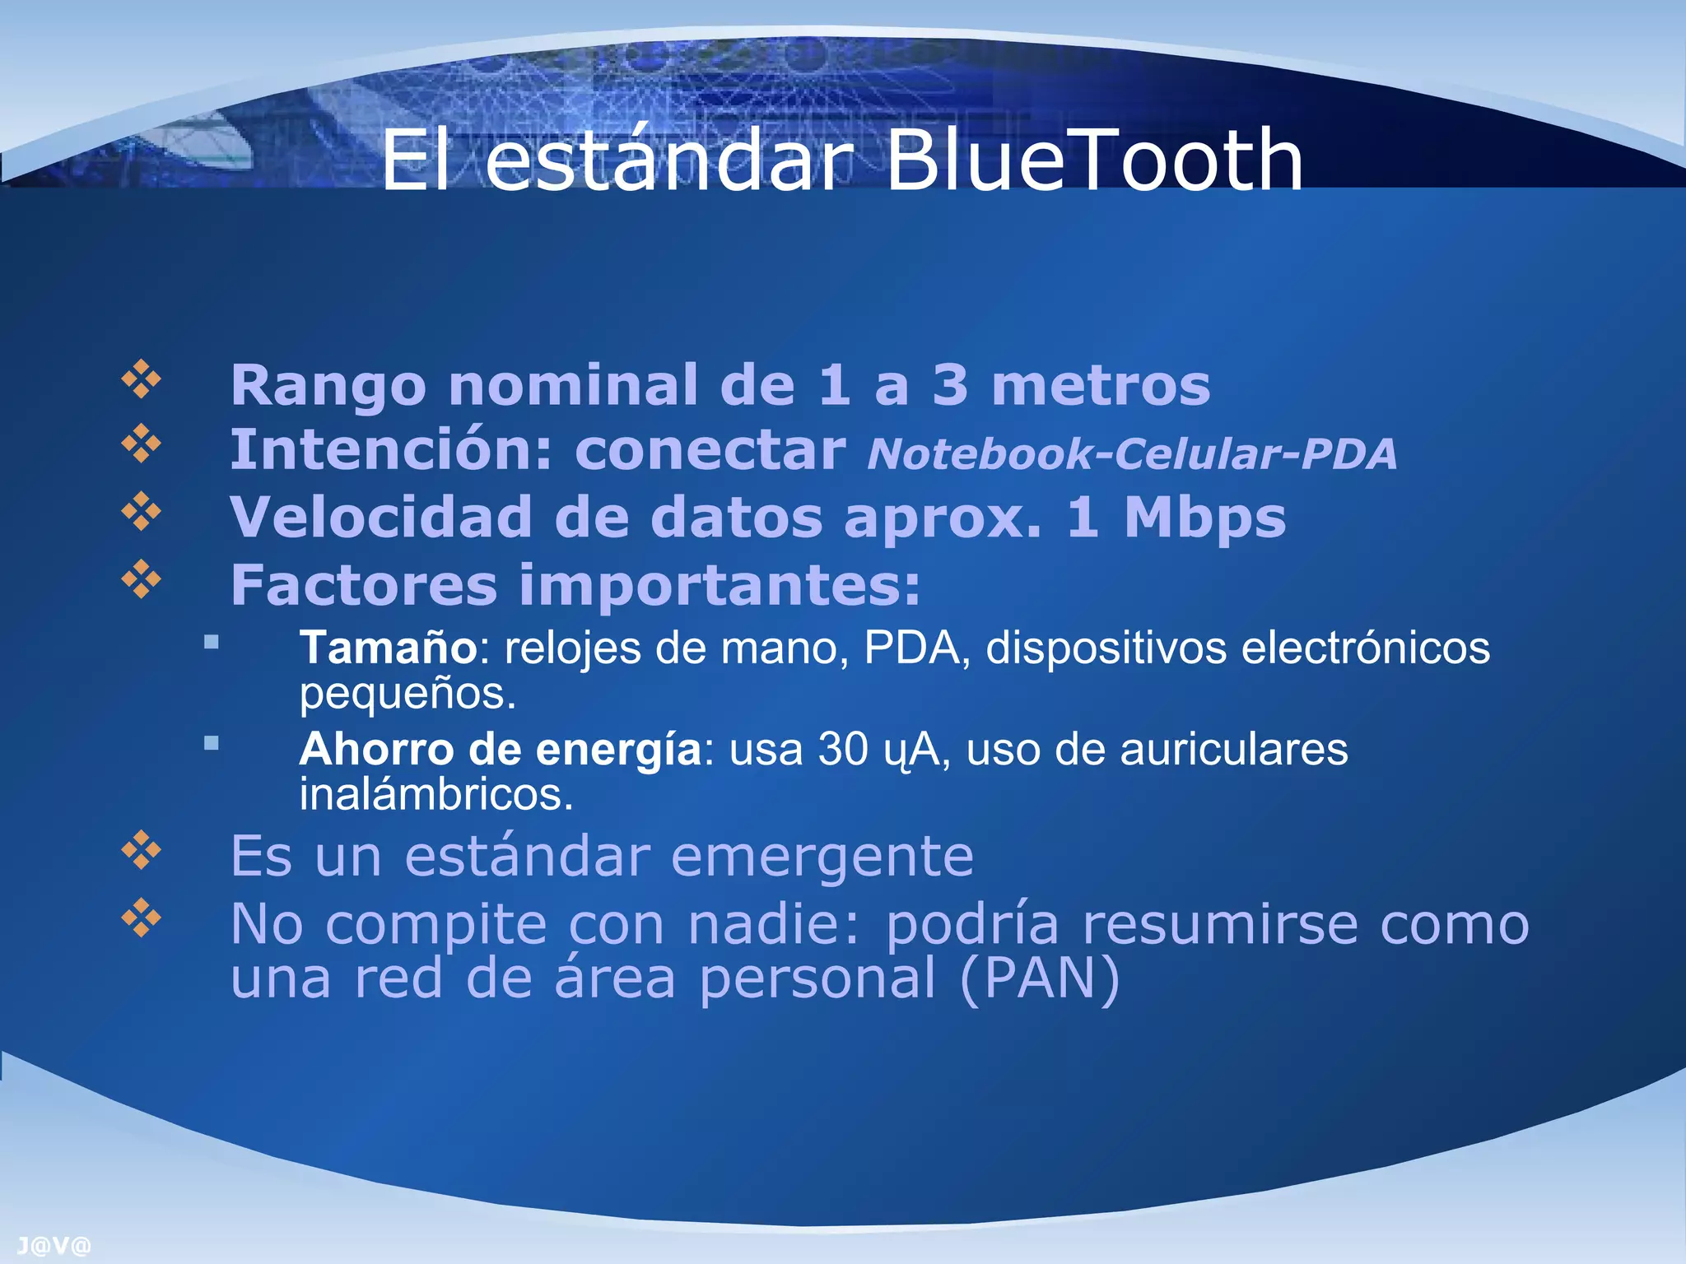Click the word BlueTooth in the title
[x=1093, y=160]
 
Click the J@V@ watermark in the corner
[x=54, y=1246]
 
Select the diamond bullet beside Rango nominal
[x=142, y=379]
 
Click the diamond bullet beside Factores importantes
[x=142, y=579]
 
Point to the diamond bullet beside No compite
[x=142, y=918]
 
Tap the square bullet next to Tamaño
[x=212, y=642]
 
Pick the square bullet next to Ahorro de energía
[x=212, y=743]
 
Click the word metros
[x=1101, y=385]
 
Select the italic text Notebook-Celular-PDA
[x=1132, y=453]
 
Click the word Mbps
[x=1204, y=518]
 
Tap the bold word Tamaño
[x=388, y=648]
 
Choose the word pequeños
[x=408, y=694]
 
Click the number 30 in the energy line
[x=843, y=750]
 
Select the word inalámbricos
[x=435, y=795]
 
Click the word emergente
[x=822, y=857]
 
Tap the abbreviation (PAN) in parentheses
[x=1040, y=978]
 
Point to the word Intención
[x=390, y=450]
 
